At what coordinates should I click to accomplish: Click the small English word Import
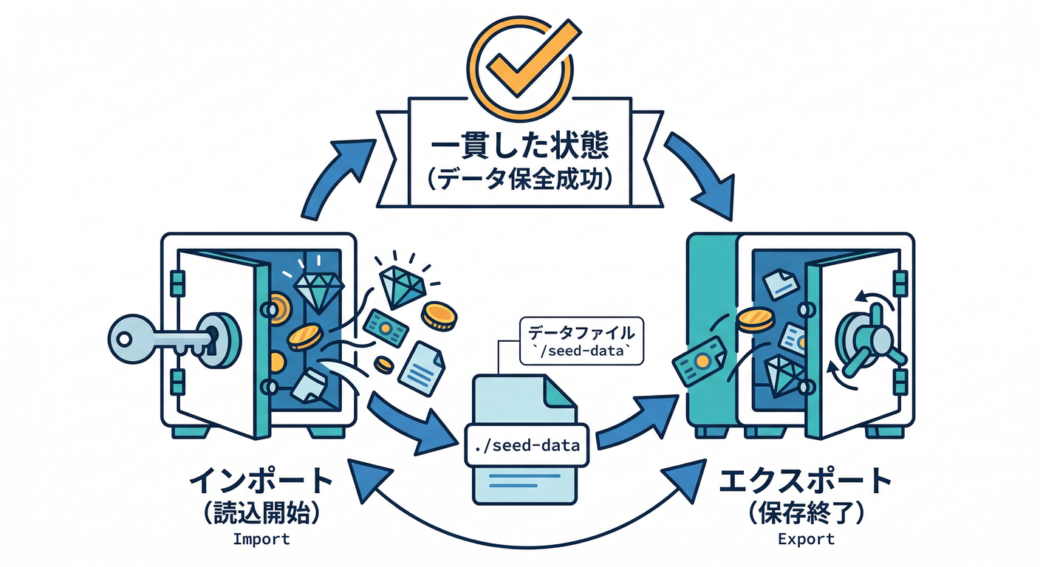(261, 538)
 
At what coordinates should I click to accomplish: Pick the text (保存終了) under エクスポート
(805, 512)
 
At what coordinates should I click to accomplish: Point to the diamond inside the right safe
(782, 375)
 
